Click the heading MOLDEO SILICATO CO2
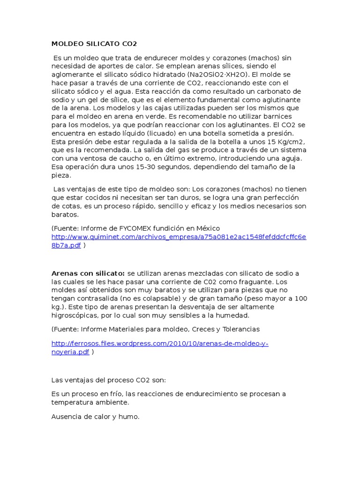(x=94, y=44)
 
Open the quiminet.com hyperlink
(x=179, y=237)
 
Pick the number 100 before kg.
(x=301, y=299)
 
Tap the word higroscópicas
(x=75, y=315)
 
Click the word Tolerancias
(x=241, y=329)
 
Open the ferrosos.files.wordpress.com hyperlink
(x=159, y=344)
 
